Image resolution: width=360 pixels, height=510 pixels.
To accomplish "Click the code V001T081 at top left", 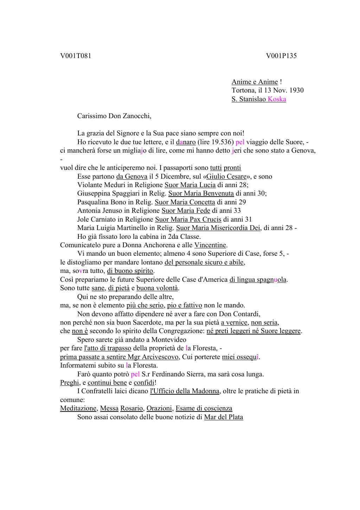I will click(76, 56).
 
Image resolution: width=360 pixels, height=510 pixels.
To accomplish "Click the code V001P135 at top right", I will click(281, 56).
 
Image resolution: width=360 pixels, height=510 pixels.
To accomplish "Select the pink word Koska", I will click(277, 99).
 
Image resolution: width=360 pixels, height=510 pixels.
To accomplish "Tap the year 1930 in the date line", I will click(296, 90).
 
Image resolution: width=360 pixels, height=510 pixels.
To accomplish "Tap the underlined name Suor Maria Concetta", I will click(185, 202).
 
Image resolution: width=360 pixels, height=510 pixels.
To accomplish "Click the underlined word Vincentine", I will click(210, 245).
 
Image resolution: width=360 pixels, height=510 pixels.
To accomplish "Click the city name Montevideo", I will click(169, 339).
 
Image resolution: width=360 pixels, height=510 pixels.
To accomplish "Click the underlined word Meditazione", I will click(78, 408).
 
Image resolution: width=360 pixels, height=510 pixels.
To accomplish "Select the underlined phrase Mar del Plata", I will click(224, 417).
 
